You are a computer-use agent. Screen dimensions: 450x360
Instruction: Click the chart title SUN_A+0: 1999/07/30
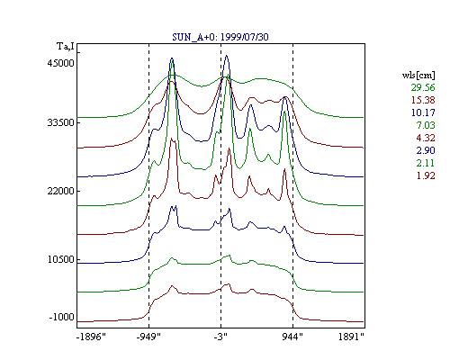(220, 37)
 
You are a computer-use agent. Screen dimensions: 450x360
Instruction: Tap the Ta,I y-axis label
(66, 47)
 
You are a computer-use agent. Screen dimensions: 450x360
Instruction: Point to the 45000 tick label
(60, 63)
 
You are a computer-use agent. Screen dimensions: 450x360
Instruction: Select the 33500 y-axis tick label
(60, 122)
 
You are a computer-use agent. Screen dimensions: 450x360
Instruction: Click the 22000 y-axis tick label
(60, 191)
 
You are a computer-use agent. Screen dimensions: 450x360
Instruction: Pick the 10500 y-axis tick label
(60, 259)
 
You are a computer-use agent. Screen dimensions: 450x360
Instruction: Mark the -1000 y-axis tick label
(61, 317)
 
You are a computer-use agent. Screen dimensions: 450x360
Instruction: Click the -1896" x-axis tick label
(91, 337)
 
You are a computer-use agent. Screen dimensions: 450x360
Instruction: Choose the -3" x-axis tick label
(220, 337)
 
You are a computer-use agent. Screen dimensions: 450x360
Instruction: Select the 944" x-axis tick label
(292, 337)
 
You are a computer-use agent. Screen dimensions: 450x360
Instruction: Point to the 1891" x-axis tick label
(351, 337)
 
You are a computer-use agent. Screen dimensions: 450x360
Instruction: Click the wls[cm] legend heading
(418, 75)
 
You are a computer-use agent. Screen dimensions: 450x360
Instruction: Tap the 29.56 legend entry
(423, 87)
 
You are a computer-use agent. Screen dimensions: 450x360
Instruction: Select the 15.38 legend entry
(423, 100)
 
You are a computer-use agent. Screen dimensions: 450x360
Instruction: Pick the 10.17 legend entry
(423, 112)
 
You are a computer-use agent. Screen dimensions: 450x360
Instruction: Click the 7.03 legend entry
(426, 125)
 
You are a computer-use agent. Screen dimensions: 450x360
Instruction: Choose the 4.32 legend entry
(426, 138)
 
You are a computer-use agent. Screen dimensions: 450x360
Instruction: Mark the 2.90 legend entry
(426, 150)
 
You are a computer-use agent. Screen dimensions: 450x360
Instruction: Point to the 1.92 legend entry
(426, 175)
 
